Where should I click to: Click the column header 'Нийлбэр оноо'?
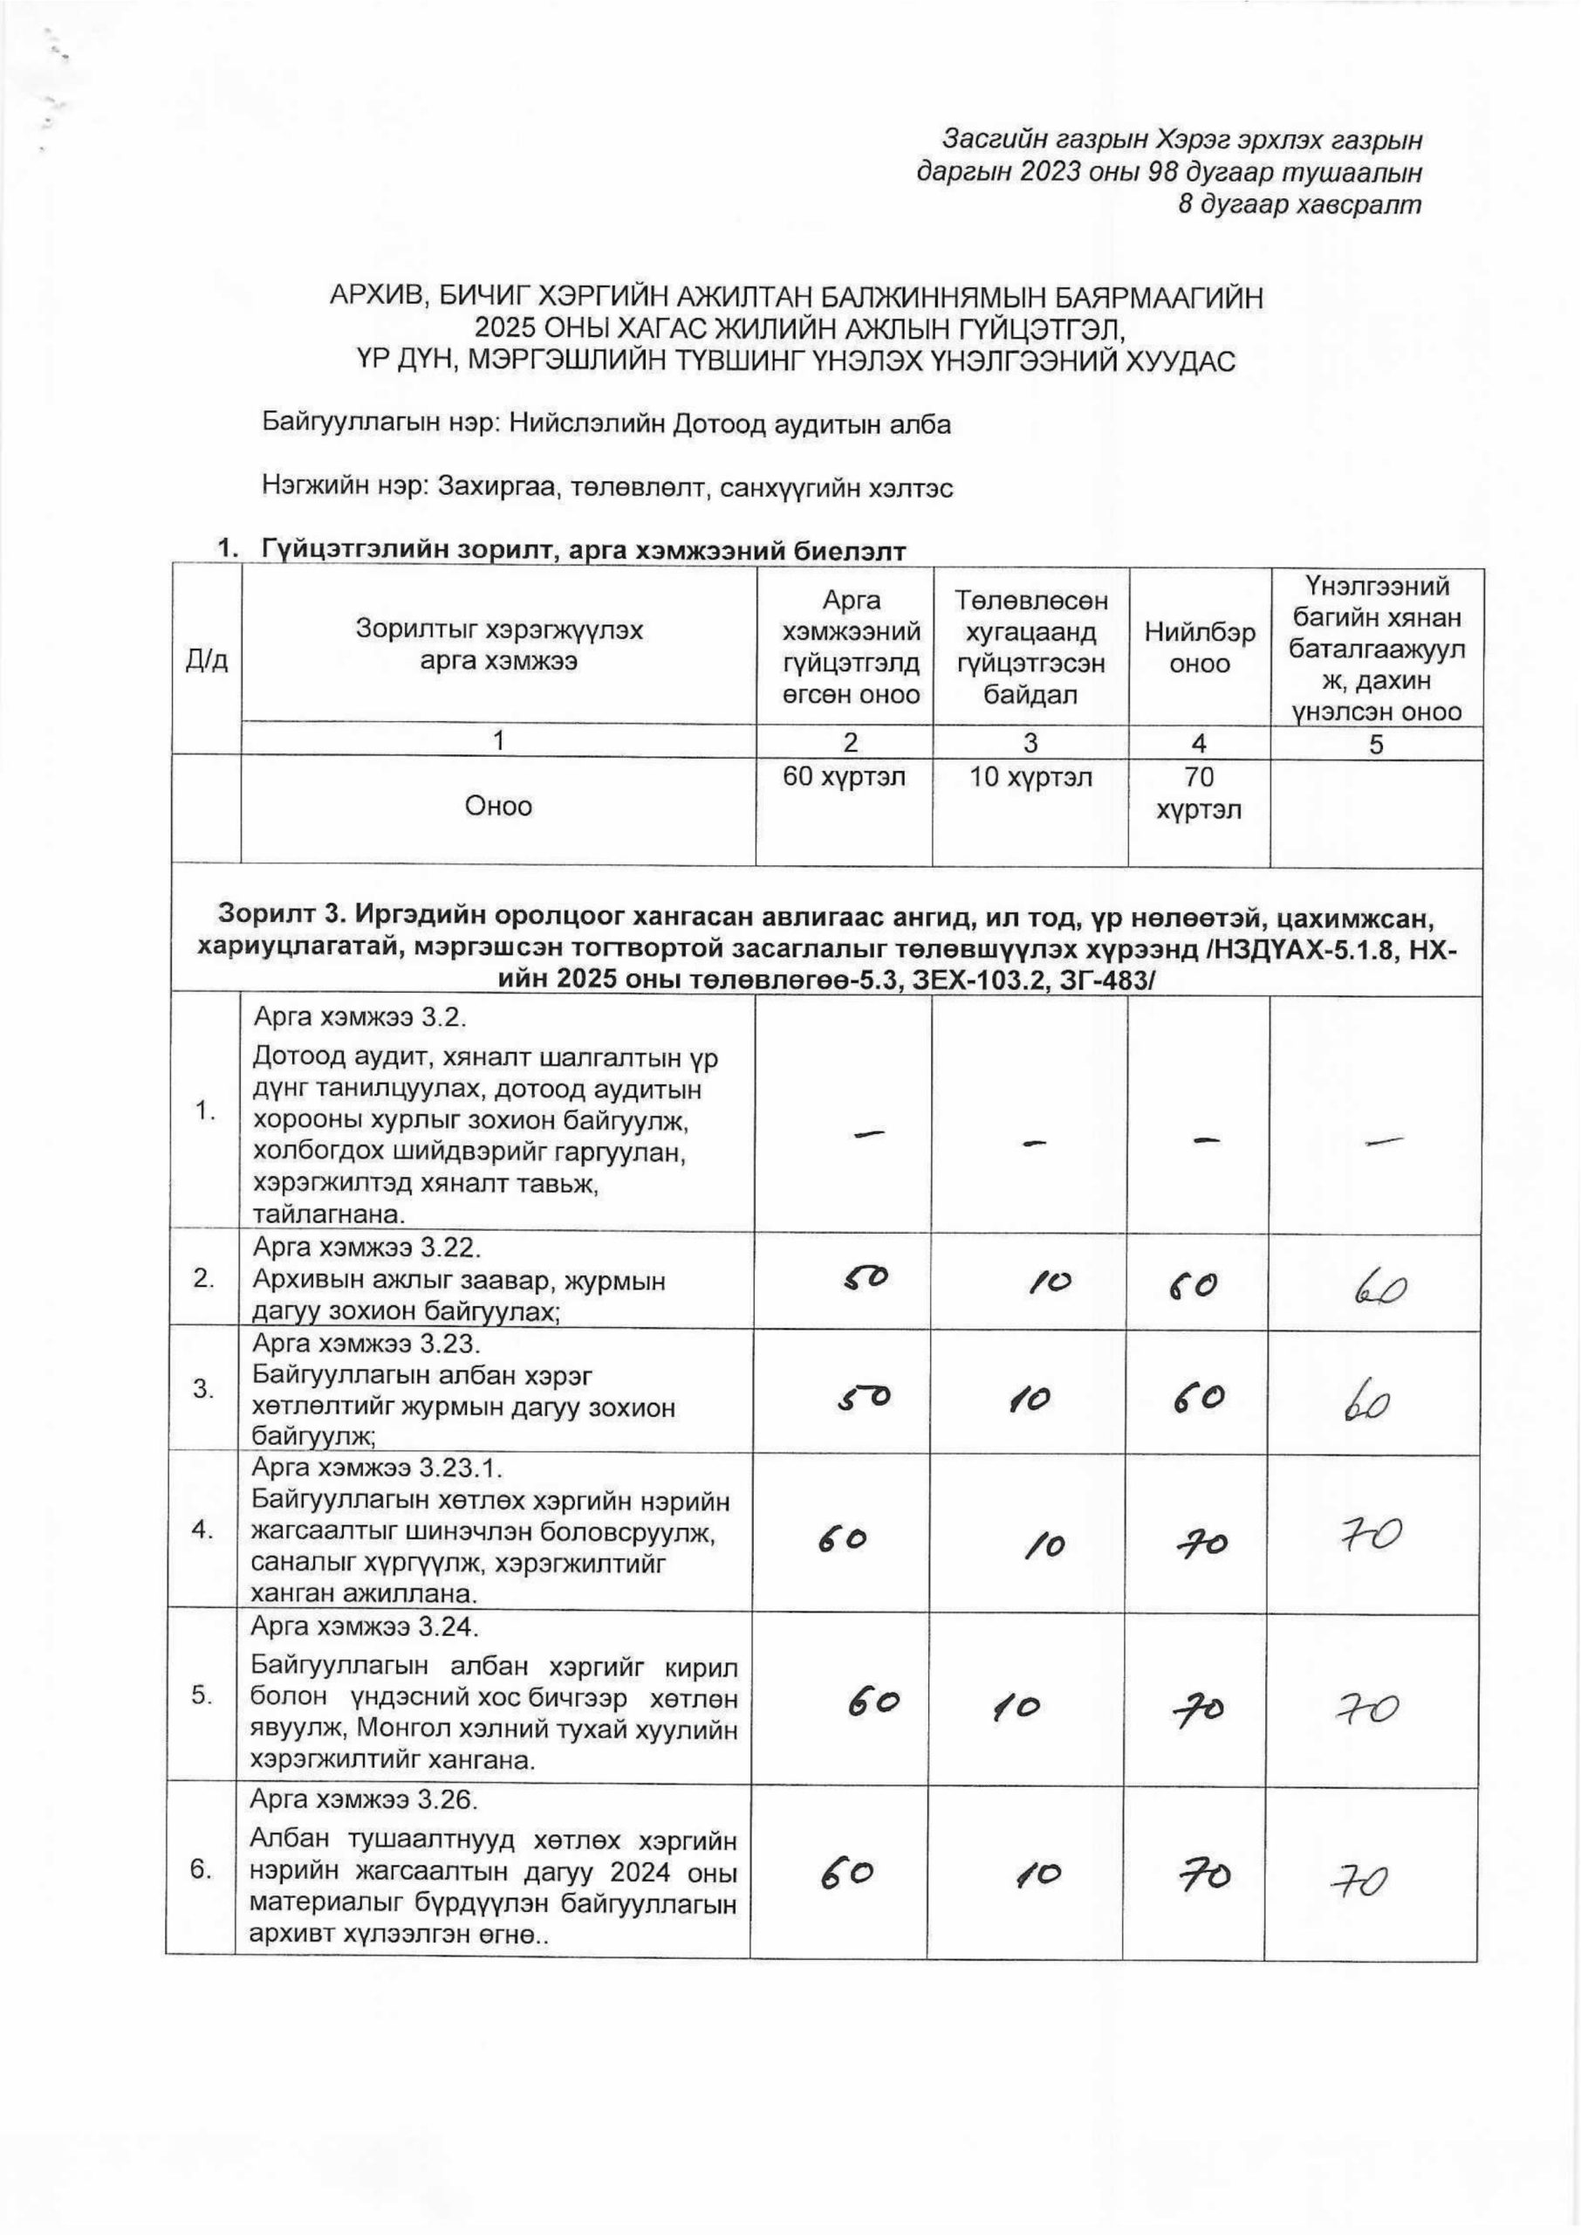1200,648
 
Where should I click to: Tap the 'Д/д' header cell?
207,660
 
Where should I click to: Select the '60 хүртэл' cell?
845,778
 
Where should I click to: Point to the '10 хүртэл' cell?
1030,778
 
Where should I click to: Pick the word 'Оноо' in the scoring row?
498,807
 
